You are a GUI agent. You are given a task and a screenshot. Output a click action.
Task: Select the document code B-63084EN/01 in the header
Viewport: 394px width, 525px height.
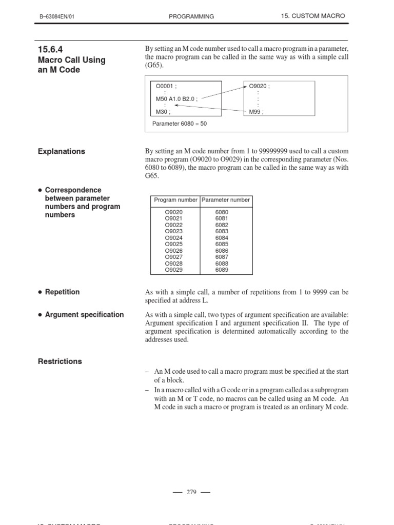[x=61, y=16]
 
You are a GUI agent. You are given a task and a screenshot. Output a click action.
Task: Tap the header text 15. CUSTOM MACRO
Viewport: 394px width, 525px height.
[x=313, y=16]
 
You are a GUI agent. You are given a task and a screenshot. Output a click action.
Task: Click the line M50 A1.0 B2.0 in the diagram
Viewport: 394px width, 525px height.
[x=176, y=98]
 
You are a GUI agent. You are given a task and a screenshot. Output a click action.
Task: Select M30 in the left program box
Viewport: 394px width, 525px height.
[x=163, y=111]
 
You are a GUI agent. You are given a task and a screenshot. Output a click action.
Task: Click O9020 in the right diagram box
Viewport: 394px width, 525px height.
[x=259, y=86]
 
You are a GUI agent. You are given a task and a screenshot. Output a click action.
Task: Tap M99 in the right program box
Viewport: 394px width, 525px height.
[x=256, y=111]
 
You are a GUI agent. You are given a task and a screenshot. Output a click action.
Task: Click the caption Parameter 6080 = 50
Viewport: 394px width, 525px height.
[x=180, y=124]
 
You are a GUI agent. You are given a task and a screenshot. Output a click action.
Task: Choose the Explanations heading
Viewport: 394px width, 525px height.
[x=62, y=151]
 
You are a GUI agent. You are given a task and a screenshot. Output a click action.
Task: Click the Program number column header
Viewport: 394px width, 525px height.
[x=175, y=200]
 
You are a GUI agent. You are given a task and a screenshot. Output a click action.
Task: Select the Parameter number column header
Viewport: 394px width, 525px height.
[x=225, y=200]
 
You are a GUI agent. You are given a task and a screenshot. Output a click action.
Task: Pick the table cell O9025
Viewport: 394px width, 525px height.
[x=173, y=244]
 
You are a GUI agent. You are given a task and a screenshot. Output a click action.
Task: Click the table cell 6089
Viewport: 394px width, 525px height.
[x=222, y=270]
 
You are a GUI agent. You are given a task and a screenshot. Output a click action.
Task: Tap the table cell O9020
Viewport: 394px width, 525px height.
[x=173, y=212]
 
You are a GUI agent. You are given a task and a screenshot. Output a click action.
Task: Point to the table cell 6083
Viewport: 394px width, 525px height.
[x=222, y=231]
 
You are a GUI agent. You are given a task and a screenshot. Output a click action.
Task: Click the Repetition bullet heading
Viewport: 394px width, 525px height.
[x=62, y=292]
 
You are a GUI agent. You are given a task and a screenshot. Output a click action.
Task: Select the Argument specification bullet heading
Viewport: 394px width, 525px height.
[x=84, y=314]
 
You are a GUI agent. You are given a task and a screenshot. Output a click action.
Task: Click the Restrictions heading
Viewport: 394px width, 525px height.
[x=60, y=361]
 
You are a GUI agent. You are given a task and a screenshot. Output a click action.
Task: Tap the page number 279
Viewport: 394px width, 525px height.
[x=191, y=492]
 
